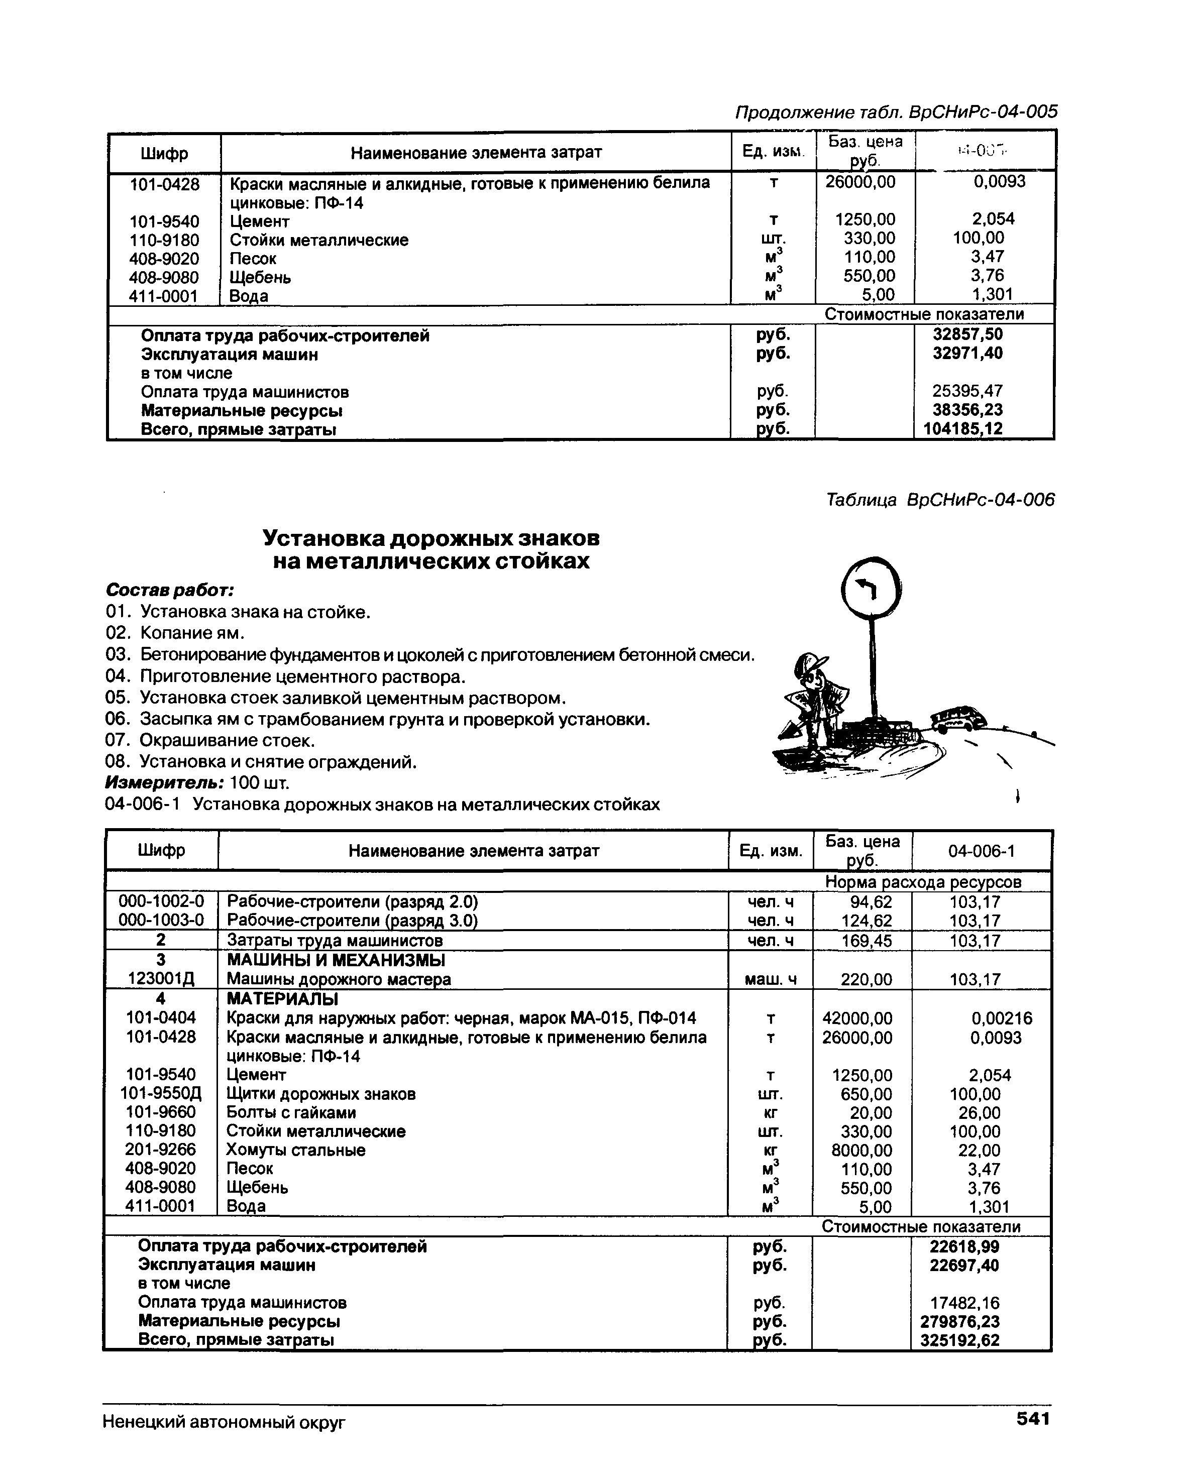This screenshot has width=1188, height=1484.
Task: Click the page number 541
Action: pyautogui.click(x=1032, y=1419)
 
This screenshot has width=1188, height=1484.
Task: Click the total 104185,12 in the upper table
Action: pyautogui.click(x=963, y=429)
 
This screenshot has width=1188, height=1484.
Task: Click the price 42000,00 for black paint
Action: pyautogui.click(x=857, y=1018)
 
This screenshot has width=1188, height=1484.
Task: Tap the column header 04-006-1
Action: pyautogui.click(x=981, y=851)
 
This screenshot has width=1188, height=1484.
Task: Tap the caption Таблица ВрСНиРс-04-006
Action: pyautogui.click(x=939, y=500)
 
